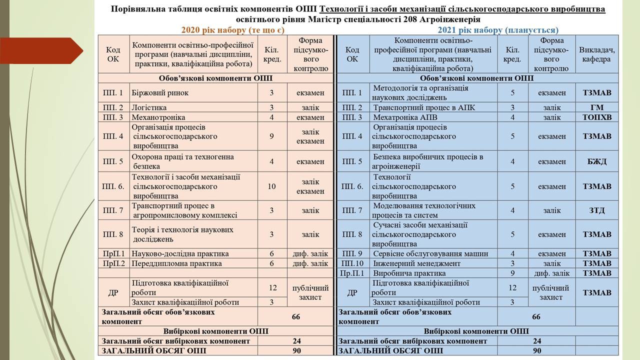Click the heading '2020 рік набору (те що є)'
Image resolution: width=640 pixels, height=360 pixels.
click(x=232, y=30)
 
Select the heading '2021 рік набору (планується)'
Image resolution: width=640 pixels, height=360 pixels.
click(x=498, y=30)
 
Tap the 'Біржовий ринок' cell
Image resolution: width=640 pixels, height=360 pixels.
click(x=160, y=92)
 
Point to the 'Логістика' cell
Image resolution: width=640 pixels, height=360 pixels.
click(x=149, y=107)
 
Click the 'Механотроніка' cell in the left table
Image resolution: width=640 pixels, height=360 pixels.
click(x=158, y=117)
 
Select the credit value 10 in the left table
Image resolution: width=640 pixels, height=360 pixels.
click(x=272, y=186)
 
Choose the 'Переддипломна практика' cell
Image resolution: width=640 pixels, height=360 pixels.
click(x=176, y=263)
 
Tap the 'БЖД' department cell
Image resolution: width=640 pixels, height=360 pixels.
click(x=597, y=161)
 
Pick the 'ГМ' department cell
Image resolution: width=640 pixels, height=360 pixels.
click(x=597, y=107)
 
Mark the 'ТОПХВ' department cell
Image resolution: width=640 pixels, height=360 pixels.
click(x=597, y=117)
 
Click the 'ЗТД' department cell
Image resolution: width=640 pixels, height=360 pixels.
click(x=597, y=210)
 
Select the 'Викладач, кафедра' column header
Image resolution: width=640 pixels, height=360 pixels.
click(x=597, y=54)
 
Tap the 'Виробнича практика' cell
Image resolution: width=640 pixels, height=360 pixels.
click(x=409, y=273)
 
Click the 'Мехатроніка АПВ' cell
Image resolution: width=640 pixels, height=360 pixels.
click(x=405, y=117)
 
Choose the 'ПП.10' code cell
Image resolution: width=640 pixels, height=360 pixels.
click(x=352, y=263)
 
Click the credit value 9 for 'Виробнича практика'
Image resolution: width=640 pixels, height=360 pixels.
click(x=512, y=273)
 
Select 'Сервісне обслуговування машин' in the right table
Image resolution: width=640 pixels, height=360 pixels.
click(x=430, y=253)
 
